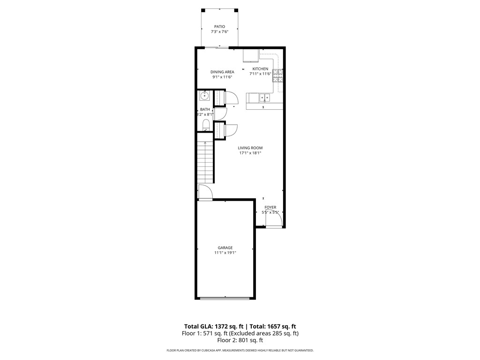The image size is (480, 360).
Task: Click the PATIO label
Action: pyautogui.click(x=219, y=27)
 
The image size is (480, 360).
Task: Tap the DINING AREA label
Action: pyautogui.click(x=222, y=72)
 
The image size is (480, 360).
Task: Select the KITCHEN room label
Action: pyautogui.click(x=260, y=69)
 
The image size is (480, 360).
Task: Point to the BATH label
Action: pyautogui.click(x=205, y=110)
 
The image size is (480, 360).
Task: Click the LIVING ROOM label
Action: pyautogui.click(x=250, y=148)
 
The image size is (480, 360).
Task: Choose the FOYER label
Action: pyautogui.click(x=270, y=207)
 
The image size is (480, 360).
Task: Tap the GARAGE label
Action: pyautogui.click(x=225, y=248)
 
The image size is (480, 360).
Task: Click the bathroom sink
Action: pyautogui.click(x=205, y=96)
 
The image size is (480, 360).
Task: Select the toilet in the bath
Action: pyautogui.click(x=206, y=125)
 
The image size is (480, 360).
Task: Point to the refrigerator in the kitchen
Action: pyautogui.click(x=251, y=56)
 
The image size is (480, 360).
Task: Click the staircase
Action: pyautogui.click(x=205, y=162)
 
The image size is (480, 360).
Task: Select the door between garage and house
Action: pyautogui.click(x=205, y=193)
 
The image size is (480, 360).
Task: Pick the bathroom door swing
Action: pyautogui.click(x=221, y=113)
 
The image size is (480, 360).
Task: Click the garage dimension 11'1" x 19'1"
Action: pyautogui.click(x=225, y=253)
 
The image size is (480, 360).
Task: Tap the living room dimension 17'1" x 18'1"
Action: pyautogui.click(x=250, y=153)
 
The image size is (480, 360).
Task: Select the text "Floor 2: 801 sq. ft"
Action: pyautogui.click(x=240, y=340)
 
